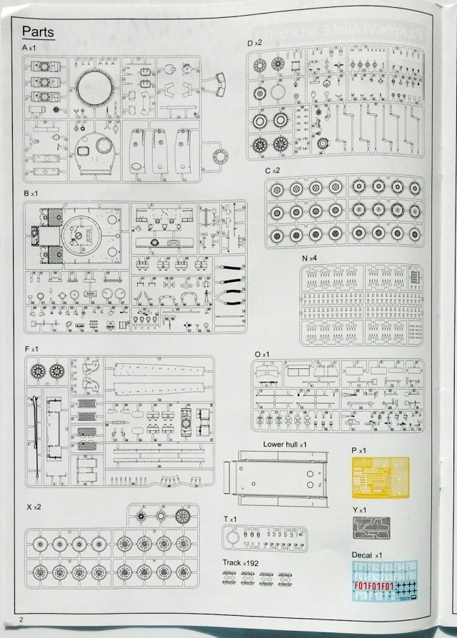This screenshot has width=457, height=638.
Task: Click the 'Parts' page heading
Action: tap(38, 31)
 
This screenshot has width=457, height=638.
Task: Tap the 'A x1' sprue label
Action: tap(34, 47)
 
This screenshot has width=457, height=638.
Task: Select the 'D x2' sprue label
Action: tap(255, 44)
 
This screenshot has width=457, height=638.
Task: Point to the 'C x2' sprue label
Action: tap(272, 171)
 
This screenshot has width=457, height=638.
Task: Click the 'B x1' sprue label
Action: tap(31, 193)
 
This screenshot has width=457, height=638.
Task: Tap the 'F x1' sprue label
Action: tap(31, 348)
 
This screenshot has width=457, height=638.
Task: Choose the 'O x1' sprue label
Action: tap(262, 354)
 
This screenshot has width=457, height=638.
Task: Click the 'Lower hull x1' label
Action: tap(285, 444)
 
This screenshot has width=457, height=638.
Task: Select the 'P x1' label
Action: tap(359, 450)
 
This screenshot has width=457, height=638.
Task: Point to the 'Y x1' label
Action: tap(359, 510)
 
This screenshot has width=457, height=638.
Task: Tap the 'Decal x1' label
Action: tap(368, 555)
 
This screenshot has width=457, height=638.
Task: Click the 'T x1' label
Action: tap(230, 519)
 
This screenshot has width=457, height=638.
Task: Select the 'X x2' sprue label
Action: tap(34, 506)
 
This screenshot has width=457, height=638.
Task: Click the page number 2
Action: tap(22, 619)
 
